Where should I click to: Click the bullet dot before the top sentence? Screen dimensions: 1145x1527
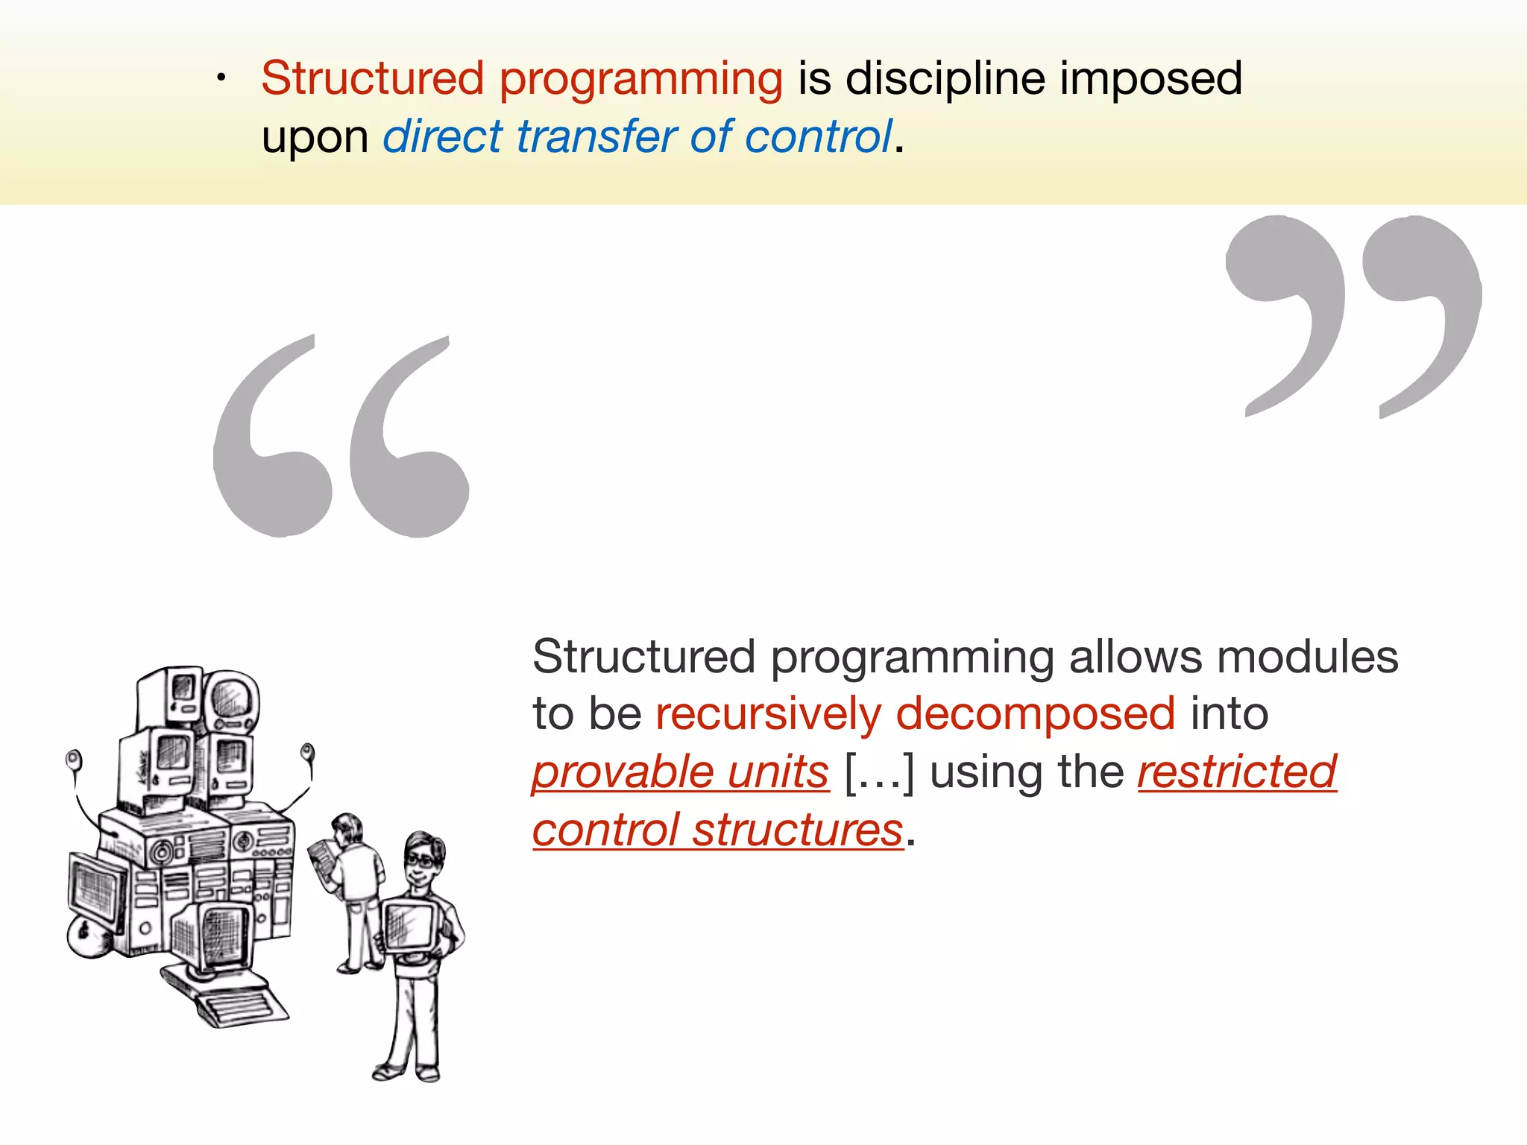221,78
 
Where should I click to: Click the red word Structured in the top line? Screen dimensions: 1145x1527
373,78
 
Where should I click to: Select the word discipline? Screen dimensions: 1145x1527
945,78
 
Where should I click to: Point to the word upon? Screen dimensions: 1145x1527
315,139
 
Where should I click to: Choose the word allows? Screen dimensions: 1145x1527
1134,657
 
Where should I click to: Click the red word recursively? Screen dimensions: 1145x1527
768,714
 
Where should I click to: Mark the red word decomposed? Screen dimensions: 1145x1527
1035,714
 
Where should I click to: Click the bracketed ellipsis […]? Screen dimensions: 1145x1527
879,772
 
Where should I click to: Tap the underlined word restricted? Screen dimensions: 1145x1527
1237,772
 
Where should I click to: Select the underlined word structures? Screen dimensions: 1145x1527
797,830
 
